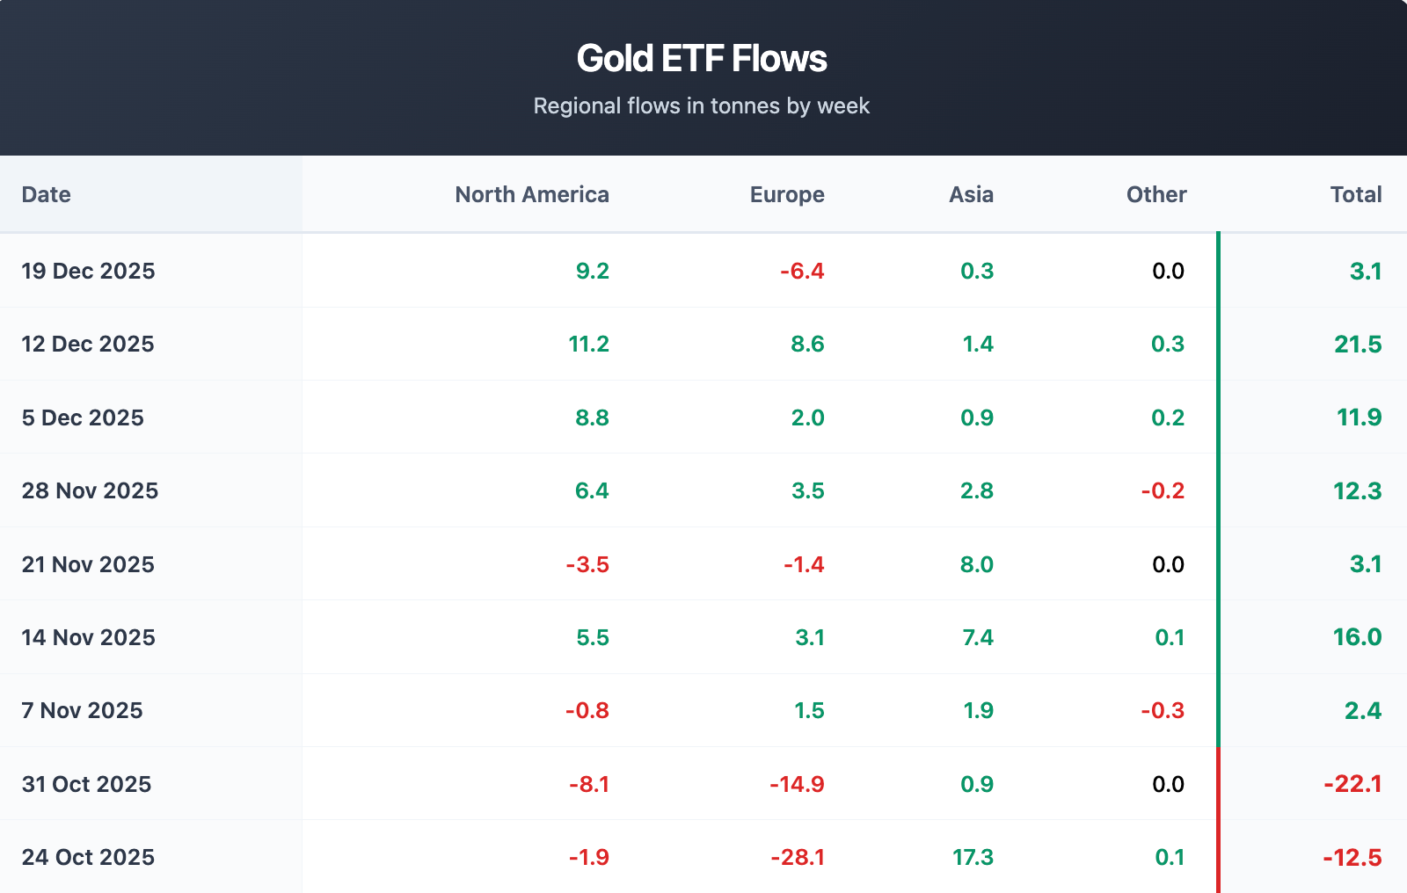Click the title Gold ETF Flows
click(702, 59)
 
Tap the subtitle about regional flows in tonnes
click(702, 106)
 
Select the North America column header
click(531, 194)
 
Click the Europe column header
click(787, 194)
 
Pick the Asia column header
click(971, 194)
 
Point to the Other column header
click(1156, 194)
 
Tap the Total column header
click(1355, 194)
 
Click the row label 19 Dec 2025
click(88, 271)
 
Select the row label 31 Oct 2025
click(86, 784)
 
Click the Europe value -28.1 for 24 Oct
click(798, 857)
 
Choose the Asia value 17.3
click(973, 857)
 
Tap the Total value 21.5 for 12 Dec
click(1358, 345)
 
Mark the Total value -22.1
click(1352, 784)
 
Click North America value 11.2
click(588, 345)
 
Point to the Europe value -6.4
click(802, 271)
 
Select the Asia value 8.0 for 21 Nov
click(977, 564)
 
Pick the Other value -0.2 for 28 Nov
click(1163, 490)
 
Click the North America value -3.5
click(587, 564)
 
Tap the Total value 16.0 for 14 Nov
click(1357, 637)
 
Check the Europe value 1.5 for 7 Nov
click(809, 710)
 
